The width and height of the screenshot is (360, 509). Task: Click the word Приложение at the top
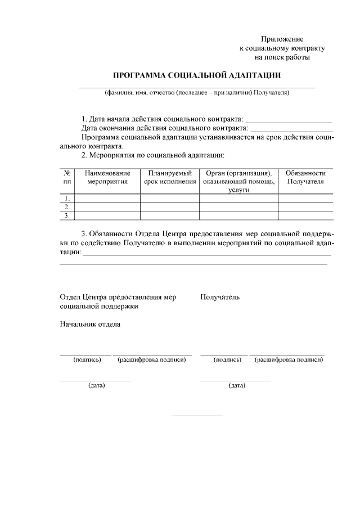point(282,39)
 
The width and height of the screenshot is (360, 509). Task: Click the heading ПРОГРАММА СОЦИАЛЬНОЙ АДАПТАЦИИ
point(197,75)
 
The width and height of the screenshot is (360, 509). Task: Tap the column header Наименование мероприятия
point(107,177)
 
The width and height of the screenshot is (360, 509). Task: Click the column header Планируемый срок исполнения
point(170,177)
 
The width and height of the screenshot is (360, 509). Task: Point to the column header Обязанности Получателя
point(305,177)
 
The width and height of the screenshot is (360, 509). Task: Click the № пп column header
point(67,177)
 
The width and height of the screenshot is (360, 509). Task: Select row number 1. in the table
point(67,198)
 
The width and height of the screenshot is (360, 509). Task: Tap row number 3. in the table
point(67,215)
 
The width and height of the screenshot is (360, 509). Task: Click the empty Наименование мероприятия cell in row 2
point(107,206)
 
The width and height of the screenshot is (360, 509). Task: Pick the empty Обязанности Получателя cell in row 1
point(305,198)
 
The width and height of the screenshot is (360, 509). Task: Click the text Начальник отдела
point(90,324)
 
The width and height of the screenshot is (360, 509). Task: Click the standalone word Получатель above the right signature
point(220,297)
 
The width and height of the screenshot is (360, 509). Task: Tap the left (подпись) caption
point(87,359)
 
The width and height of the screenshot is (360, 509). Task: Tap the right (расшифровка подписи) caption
point(289,359)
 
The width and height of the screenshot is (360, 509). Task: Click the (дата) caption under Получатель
point(236,385)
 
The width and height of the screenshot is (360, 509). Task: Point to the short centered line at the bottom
point(197,416)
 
